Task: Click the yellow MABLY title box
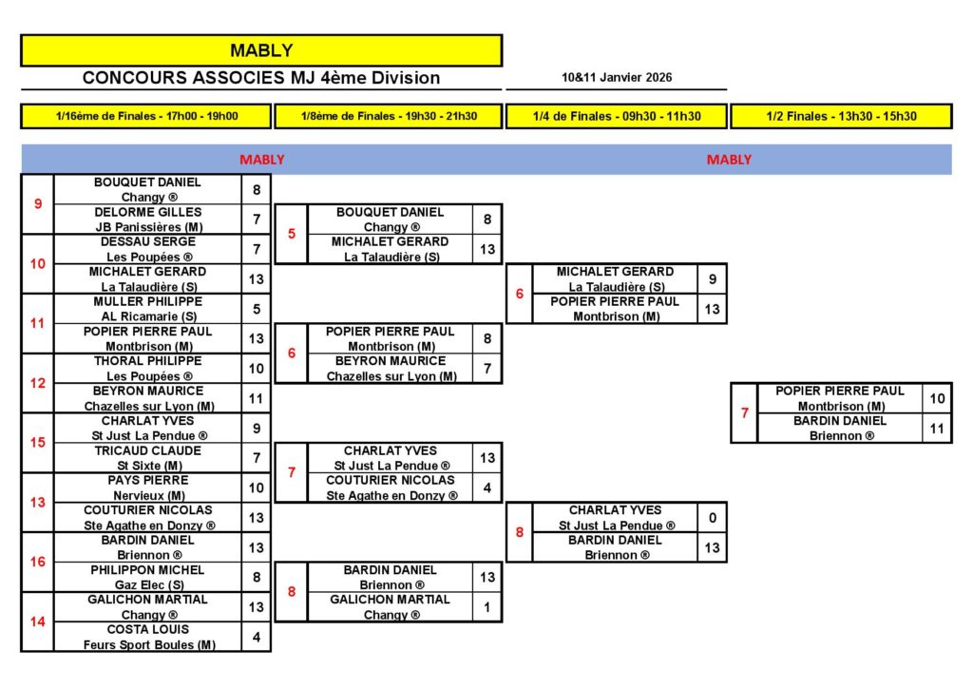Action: click(261, 50)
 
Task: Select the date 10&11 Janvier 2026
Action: click(617, 78)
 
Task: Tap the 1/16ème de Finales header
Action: click(146, 116)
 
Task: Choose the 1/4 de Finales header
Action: click(617, 116)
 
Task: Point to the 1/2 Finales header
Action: click(841, 116)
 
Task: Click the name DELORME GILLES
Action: click(147, 212)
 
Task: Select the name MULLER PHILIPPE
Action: click(147, 301)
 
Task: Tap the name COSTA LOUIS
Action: click(147, 629)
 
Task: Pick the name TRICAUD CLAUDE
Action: click(147, 450)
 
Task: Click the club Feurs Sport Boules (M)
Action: click(147, 644)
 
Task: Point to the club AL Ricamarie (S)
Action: click(147, 316)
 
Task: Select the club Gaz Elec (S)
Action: click(147, 584)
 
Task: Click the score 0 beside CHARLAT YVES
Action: click(712, 518)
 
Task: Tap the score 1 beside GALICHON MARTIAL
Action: click(487, 606)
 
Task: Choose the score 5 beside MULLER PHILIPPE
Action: click(257, 309)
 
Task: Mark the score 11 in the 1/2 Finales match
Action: click(937, 429)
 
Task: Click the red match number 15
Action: click(38, 442)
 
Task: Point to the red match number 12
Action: click(38, 383)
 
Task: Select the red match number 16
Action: click(38, 562)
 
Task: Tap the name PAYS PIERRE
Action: click(147, 481)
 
